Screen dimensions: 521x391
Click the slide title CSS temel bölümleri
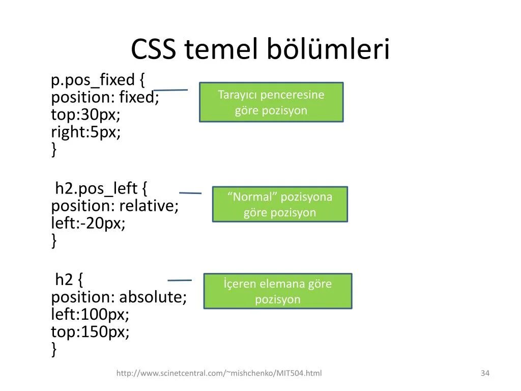click(x=260, y=50)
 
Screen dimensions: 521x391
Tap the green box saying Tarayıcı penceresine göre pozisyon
click(x=271, y=102)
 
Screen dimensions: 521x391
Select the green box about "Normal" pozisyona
click(x=280, y=204)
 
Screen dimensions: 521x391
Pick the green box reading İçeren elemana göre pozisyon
click(x=278, y=291)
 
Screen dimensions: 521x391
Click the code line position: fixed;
click(x=105, y=97)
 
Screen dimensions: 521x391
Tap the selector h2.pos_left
click(x=96, y=189)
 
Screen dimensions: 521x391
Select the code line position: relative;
click(x=115, y=206)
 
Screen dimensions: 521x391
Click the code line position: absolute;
click(x=119, y=297)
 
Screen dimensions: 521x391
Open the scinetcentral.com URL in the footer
click(x=219, y=374)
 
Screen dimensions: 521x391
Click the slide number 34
click(x=485, y=374)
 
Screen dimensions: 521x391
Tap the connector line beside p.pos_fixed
click(x=170, y=90)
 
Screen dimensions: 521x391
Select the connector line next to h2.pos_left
click(x=190, y=193)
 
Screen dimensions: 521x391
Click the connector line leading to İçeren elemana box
click(x=180, y=280)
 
